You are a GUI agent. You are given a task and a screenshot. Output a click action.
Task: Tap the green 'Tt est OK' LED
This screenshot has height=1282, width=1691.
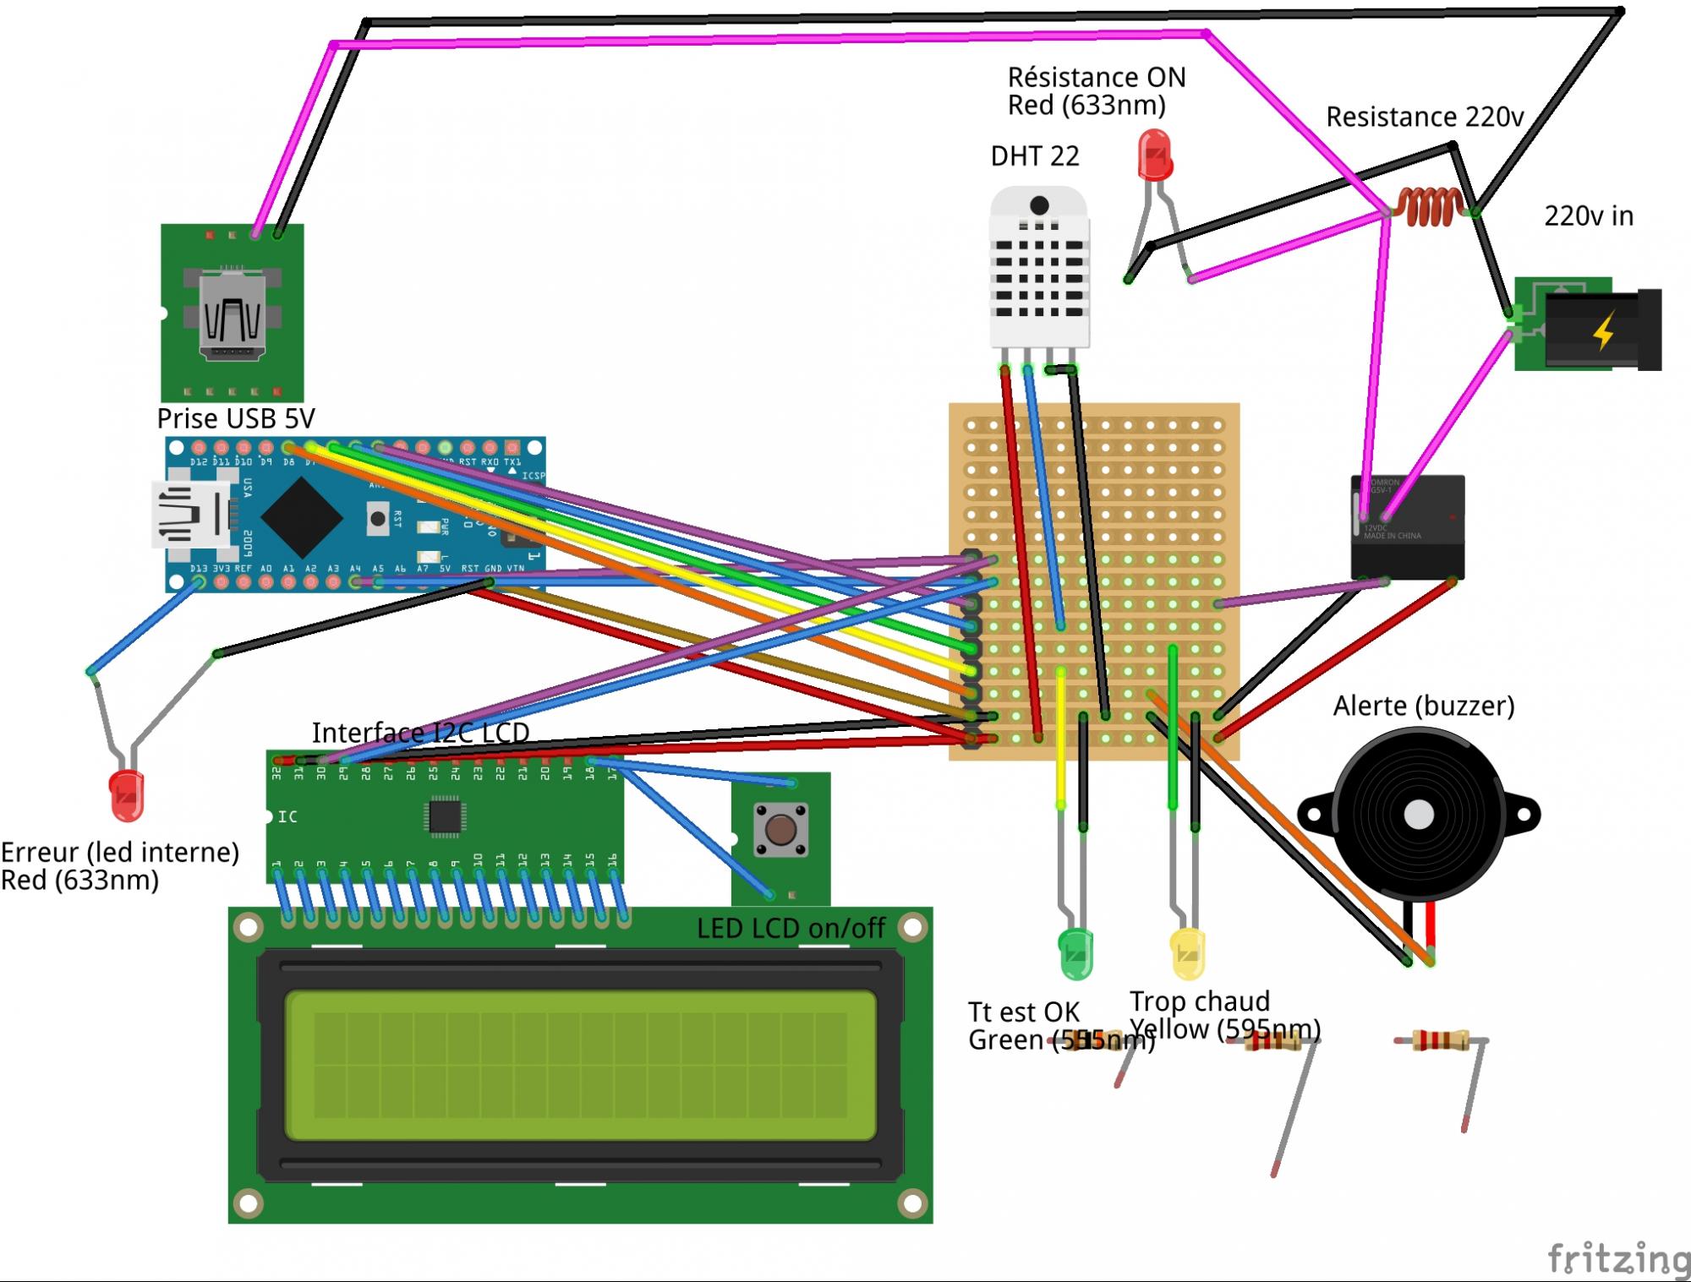click(x=1075, y=952)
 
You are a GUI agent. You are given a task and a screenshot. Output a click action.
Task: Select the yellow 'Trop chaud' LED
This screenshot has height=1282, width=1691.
click(x=1187, y=952)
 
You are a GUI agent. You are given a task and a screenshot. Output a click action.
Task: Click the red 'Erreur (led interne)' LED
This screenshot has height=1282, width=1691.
click(x=127, y=794)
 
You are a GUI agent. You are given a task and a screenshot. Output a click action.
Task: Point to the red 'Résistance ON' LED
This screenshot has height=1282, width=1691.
click(x=1154, y=155)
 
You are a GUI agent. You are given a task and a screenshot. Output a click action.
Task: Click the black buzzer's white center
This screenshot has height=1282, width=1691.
click(x=1419, y=816)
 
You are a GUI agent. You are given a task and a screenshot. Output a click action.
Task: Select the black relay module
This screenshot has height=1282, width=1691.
click(x=1408, y=526)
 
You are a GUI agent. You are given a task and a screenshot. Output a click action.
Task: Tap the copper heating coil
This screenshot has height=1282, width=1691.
click(x=1430, y=207)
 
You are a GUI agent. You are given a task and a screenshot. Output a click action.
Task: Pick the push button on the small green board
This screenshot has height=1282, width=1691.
click(x=780, y=829)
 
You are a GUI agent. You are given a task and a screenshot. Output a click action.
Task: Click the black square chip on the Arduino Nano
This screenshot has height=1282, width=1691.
click(x=301, y=517)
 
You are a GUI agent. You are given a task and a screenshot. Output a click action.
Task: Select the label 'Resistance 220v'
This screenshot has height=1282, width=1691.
click(x=1425, y=117)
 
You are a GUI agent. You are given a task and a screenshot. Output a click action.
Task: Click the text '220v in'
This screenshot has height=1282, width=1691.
click(x=1589, y=216)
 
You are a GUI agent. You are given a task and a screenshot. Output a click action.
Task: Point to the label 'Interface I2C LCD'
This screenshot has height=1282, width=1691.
click(x=420, y=732)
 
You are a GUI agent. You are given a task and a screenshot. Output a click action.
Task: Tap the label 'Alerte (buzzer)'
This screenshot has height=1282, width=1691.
click(x=1424, y=706)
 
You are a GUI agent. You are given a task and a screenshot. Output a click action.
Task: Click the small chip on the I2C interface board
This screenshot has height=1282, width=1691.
click(x=444, y=816)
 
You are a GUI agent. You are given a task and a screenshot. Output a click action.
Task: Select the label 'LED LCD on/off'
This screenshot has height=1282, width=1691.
click(x=791, y=929)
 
